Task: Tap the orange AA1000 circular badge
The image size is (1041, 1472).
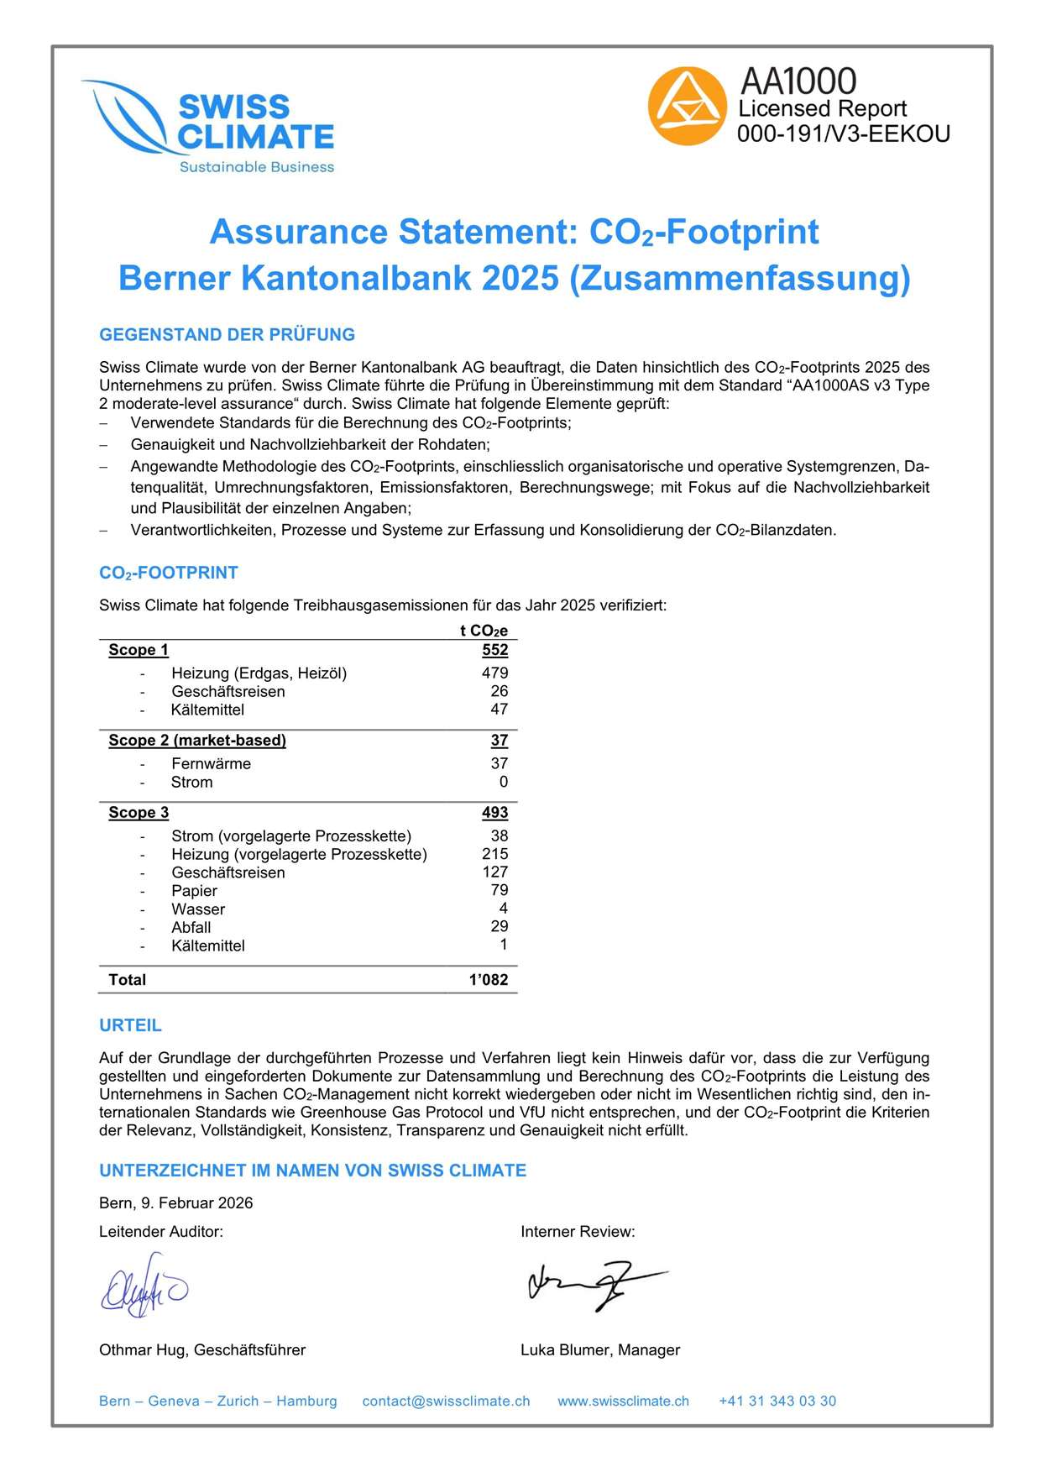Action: (687, 107)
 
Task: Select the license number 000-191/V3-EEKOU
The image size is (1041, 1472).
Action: (843, 134)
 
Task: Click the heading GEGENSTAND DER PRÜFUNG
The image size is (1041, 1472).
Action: (227, 335)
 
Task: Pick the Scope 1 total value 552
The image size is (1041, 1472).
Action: (494, 650)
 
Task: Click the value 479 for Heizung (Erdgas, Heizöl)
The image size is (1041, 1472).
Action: (494, 673)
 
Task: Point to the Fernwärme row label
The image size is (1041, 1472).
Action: (211, 763)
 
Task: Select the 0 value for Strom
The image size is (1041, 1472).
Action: (503, 782)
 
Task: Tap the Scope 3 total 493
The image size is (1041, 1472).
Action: (494, 812)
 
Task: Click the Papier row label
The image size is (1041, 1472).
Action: (194, 890)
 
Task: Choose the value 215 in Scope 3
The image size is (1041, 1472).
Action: (494, 854)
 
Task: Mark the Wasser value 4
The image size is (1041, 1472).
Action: (503, 909)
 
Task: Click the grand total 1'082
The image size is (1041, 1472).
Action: (489, 980)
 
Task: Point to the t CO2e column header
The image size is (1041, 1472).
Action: (484, 631)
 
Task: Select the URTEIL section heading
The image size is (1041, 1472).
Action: (130, 1025)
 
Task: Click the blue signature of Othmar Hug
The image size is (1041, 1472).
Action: (144, 1286)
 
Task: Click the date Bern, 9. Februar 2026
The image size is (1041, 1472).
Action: (175, 1203)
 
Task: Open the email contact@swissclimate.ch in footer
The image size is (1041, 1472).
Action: (446, 1401)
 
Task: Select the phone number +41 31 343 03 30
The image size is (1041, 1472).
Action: (777, 1401)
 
